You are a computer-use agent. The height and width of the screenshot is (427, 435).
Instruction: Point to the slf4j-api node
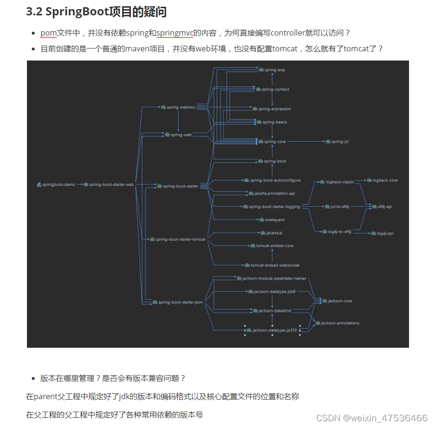pyautogui.click(x=384, y=207)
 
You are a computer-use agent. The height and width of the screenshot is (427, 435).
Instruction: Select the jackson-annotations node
pyautogui.click(x=340, y=323)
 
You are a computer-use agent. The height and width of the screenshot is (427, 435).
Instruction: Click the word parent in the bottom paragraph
pyautogui.click(x=46, y=397)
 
